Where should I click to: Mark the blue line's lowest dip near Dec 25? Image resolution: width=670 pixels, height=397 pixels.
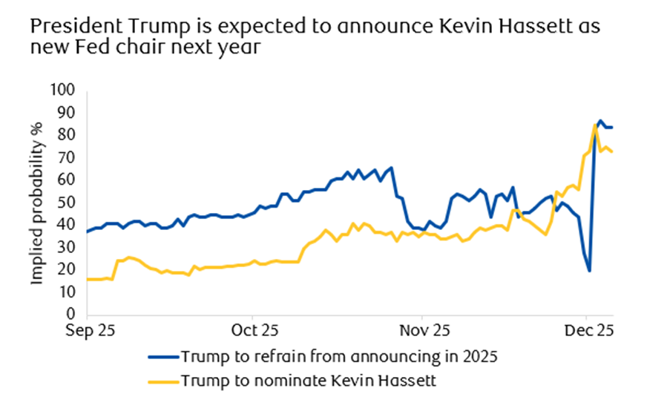coord(589,271)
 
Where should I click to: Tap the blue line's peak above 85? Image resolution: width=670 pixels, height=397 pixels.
coord(600,120)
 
